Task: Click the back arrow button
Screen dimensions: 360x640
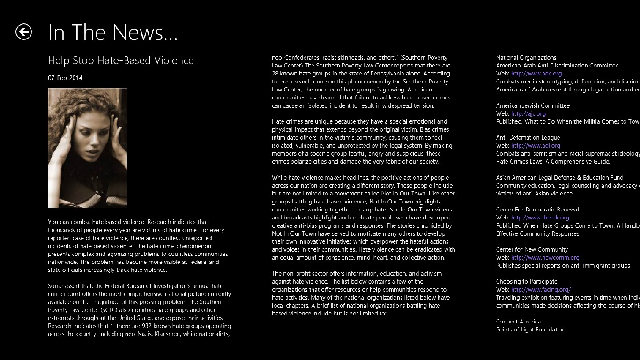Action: click(23, 32)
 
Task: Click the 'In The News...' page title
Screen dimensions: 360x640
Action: click(113, 32)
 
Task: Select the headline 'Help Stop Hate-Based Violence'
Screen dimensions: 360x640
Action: click(120, 60)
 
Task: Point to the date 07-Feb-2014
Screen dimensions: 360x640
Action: click(65, 78)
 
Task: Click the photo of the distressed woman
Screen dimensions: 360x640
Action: click(88, 148)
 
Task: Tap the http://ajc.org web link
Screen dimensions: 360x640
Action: click(528, 113)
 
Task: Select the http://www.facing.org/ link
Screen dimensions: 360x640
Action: click(541, 290)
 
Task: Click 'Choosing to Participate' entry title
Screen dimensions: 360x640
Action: click(527, 282)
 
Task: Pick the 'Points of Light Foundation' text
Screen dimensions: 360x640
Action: click(530, 330)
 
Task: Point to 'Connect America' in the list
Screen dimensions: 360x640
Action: click(518, 322)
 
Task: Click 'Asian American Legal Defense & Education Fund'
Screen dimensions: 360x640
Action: click(559, 178)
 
